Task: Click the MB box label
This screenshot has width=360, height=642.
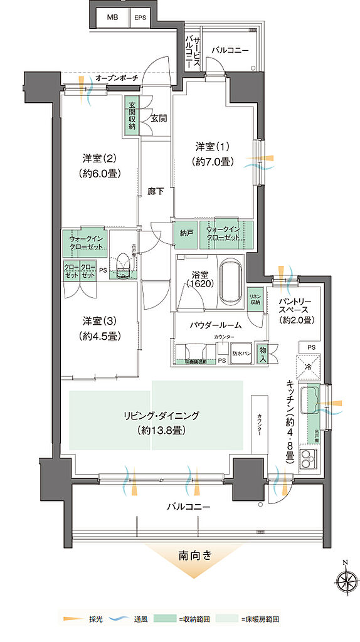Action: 112,18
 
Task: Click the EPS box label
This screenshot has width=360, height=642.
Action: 140,18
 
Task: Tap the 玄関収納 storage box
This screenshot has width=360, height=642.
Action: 132,116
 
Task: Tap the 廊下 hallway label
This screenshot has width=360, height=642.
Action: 156,192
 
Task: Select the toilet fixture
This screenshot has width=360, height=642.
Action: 124,267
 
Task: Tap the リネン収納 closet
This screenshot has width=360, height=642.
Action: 255,300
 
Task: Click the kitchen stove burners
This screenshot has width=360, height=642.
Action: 309,461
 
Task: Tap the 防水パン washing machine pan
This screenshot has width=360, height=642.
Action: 241,353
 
